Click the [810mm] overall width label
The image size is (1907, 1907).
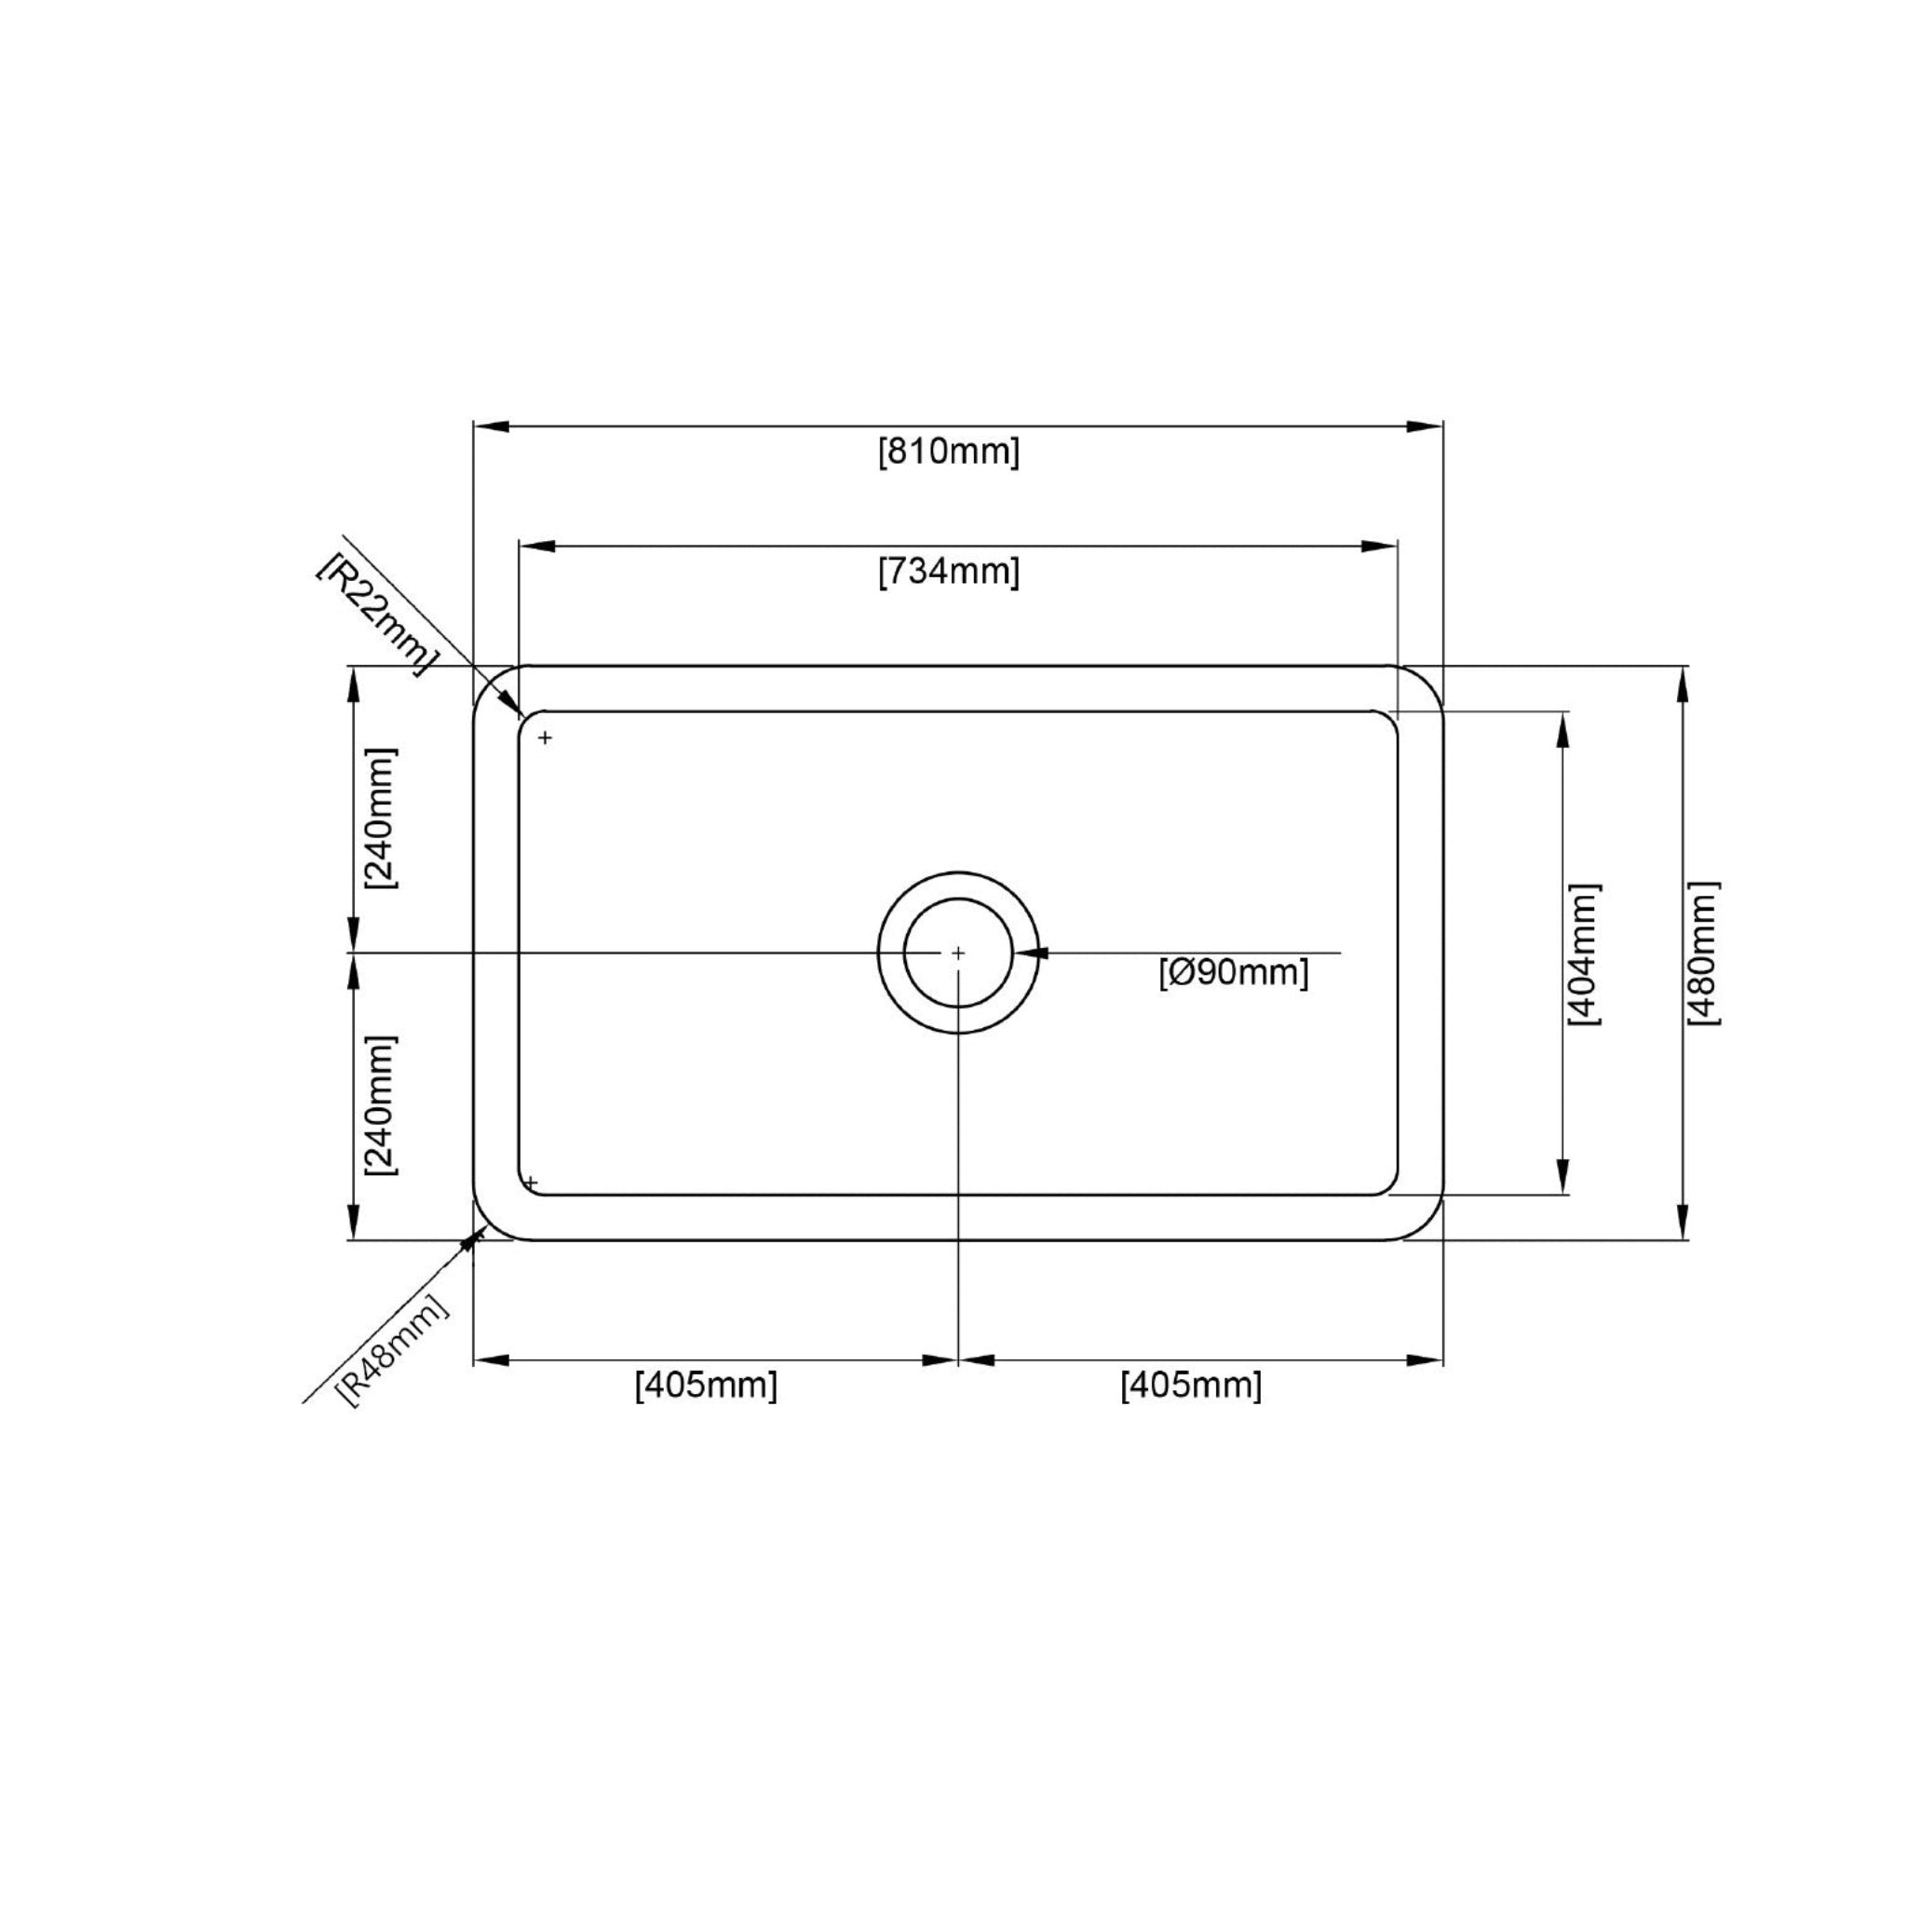[949, 452]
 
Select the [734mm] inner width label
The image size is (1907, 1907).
[949, 572]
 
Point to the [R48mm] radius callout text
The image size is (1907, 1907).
[393, 1349]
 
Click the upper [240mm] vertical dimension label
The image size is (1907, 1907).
[380, 818]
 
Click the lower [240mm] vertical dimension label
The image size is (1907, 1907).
[380, 1104]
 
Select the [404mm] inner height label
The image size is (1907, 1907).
[1583, 954]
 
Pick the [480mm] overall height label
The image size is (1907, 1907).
[1704, 953]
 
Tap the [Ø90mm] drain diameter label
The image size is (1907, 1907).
[1234, 972]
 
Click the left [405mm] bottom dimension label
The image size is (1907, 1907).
[706, 1386]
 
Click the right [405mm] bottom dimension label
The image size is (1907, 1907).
[1190, 1386]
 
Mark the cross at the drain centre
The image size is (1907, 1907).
[957, 953]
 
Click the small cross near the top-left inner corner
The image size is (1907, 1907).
[545, 737]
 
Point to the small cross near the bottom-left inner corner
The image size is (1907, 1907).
[531, 1183]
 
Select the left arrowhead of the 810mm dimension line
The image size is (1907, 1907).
[491, 426]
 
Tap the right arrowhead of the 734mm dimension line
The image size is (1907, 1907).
[1380, 546]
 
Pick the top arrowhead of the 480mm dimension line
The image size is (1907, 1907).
[1682, 683]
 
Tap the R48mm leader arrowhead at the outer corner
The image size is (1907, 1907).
[479, 1234]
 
